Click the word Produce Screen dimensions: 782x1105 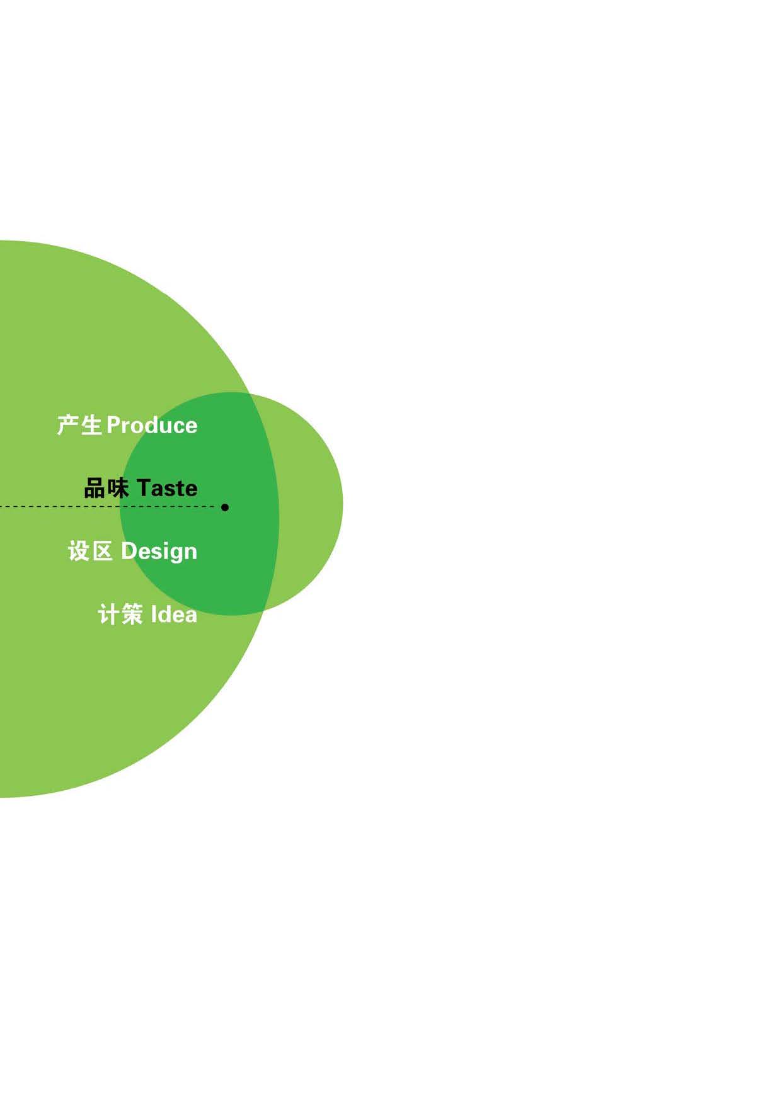coord(152,426)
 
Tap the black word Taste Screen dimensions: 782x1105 coord(167,489)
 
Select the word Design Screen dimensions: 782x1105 coord(159,552)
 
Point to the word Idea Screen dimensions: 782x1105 coord(174,615)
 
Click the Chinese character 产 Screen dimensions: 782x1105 coord(67,426)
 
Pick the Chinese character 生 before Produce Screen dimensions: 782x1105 coord(91,426)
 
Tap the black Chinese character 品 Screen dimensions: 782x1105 coord(95,489)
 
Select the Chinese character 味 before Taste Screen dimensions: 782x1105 coord(118,489)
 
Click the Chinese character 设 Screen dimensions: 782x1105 coord(79,552)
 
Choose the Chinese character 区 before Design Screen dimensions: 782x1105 coord(102,552)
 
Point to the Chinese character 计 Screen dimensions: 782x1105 coord(108,615)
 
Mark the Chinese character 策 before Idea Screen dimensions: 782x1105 coord(132,615)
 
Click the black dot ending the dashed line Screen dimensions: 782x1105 coord(225,507)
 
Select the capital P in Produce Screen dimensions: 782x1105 coord(114,426)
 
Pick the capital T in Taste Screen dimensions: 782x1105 coord(144,488)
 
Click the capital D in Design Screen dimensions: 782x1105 coord(129,551)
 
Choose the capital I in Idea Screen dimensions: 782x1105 coord(153,614)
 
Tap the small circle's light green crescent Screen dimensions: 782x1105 coord(312,504)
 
